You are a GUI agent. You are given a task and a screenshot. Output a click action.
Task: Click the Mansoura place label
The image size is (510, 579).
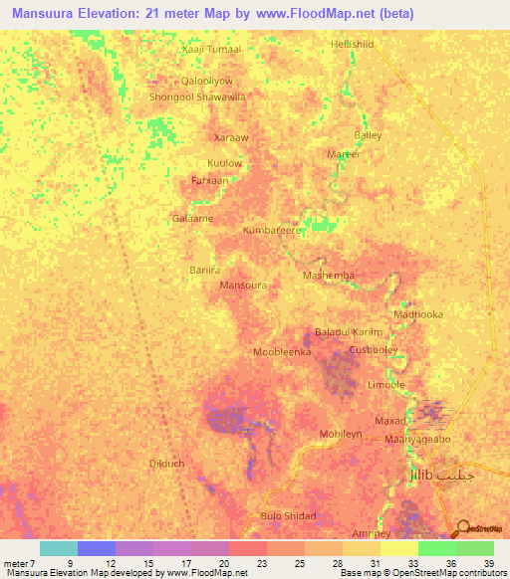click(242, 285)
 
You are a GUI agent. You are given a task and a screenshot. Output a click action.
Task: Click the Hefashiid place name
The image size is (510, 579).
click(356, 45)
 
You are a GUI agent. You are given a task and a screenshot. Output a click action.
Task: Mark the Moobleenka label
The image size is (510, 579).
click(283, 352)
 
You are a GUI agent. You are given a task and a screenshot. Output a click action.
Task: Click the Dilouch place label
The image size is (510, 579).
click(166, 464)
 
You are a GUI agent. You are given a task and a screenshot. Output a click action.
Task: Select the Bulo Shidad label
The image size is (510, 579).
click(288, 515)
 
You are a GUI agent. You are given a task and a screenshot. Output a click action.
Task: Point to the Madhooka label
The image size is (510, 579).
click(418, 314)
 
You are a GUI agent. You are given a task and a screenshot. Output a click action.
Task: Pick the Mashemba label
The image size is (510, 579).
click(328, 275)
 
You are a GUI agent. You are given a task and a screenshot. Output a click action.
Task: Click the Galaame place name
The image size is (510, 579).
click(192, 218)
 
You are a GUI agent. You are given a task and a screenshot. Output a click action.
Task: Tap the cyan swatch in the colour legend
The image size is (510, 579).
click(58, 548)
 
